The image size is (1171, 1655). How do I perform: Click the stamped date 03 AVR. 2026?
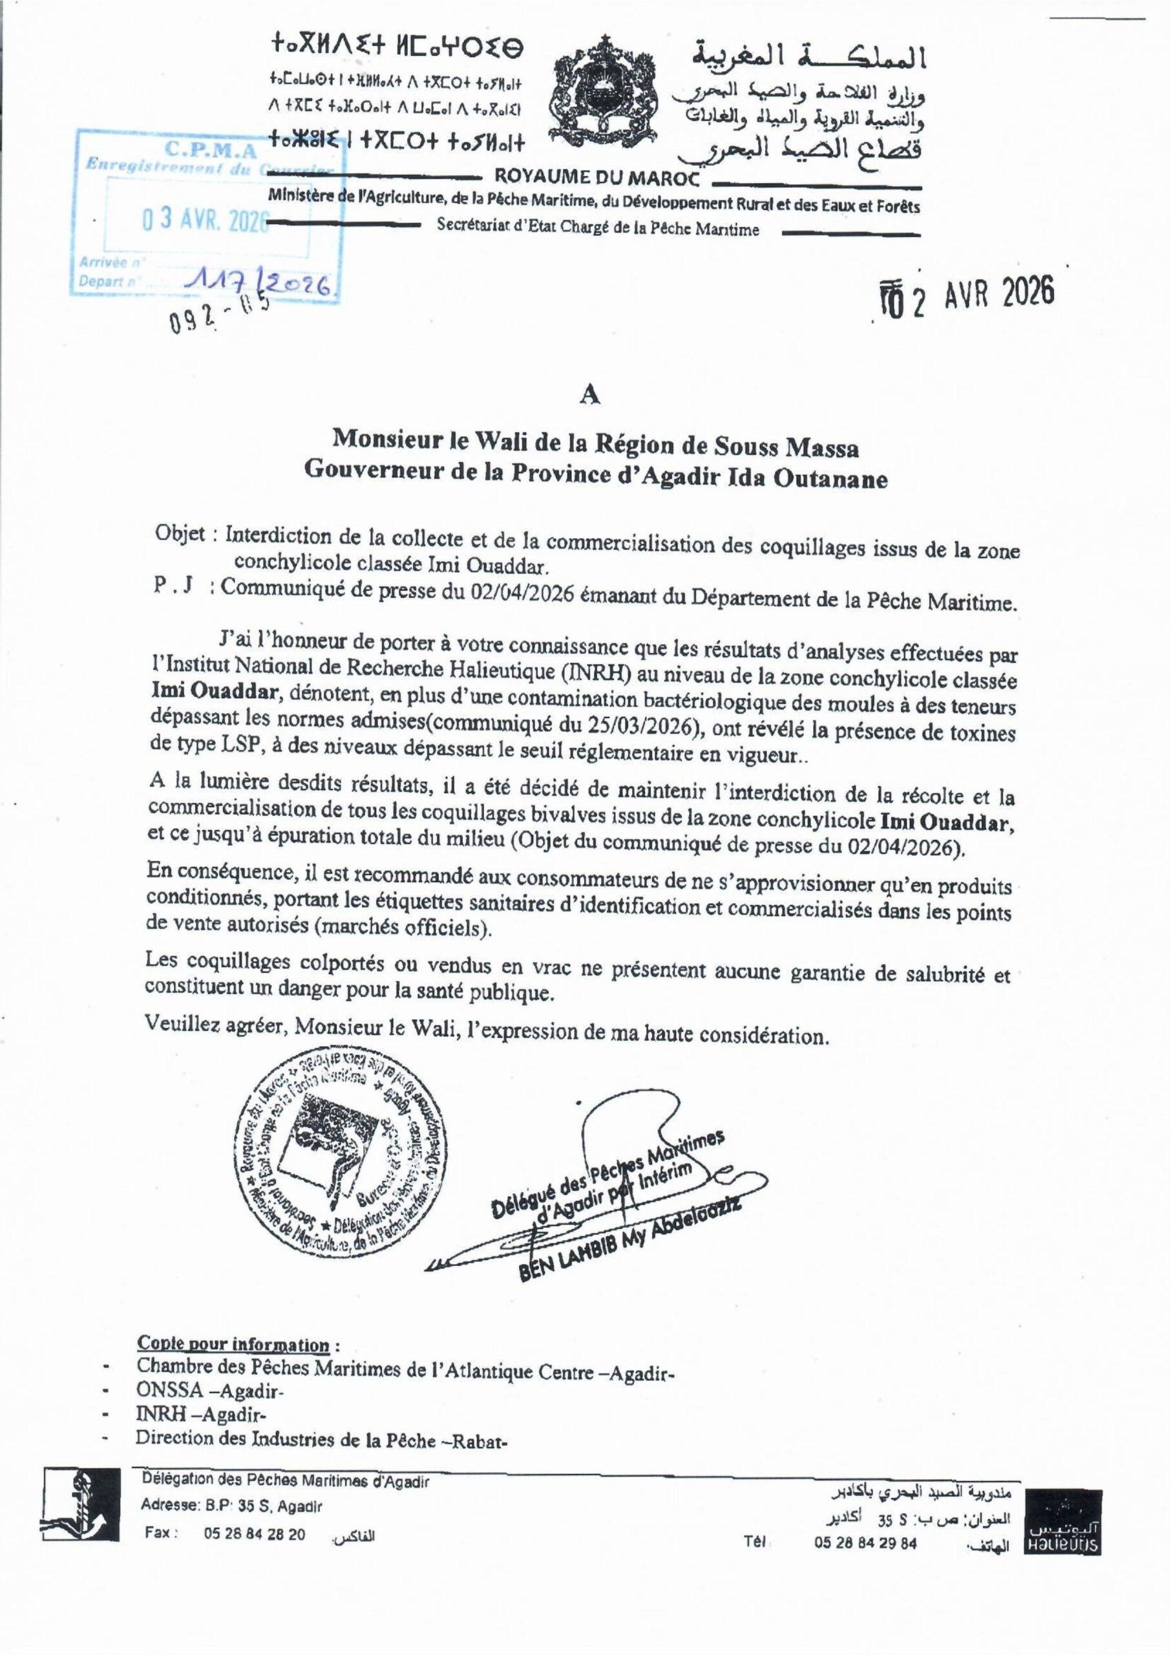[206, 220]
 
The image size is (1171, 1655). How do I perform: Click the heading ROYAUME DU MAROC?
[596, 176]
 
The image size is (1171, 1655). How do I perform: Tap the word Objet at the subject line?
[183, 535]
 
